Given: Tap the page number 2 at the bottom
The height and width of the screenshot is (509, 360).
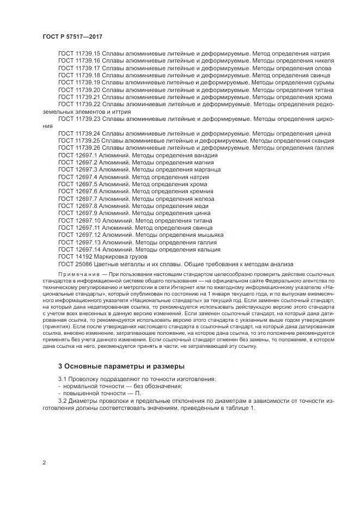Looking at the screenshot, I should pos(44,463).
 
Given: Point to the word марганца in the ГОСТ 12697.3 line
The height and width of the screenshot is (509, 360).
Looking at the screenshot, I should pos(204,170).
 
